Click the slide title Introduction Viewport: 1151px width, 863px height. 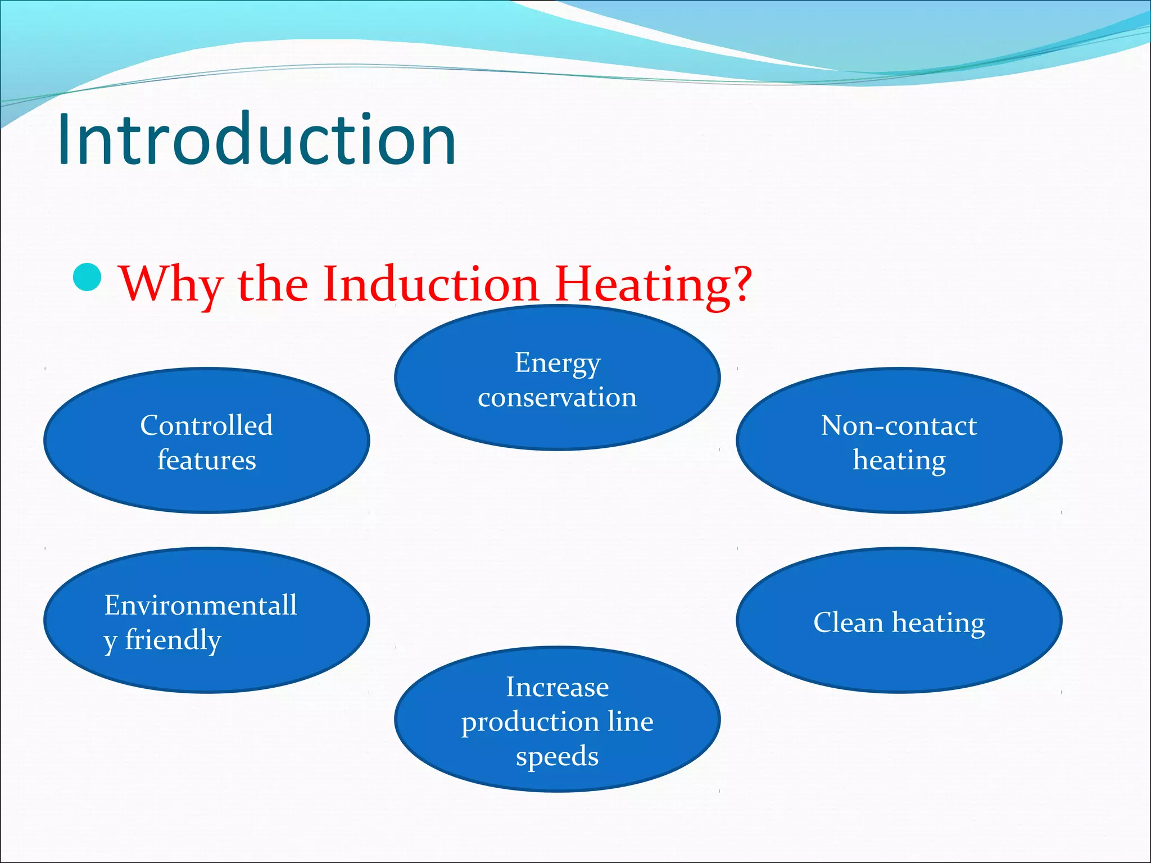click(x=256, y=139)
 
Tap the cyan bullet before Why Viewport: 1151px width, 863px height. click(x=87, y=277)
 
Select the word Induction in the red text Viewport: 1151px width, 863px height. click(x=431, y=283)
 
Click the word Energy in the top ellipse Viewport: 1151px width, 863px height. click(x=558, y=363)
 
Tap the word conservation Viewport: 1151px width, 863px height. click(x=558, y=398)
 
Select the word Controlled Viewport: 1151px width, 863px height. click(x=206, y=425)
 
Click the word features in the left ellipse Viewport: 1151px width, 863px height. click(x=206, y=460)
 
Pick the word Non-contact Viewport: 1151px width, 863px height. click(x=899, y=425)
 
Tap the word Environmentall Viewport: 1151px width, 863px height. click(x=201, y=606)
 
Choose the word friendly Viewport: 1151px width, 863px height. click(x=173, y=640)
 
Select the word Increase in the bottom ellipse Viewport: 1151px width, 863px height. click(x=558, y=687)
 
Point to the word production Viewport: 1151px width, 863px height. click(x=530, y=723)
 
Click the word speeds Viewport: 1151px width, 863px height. click(x=558, y=757)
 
